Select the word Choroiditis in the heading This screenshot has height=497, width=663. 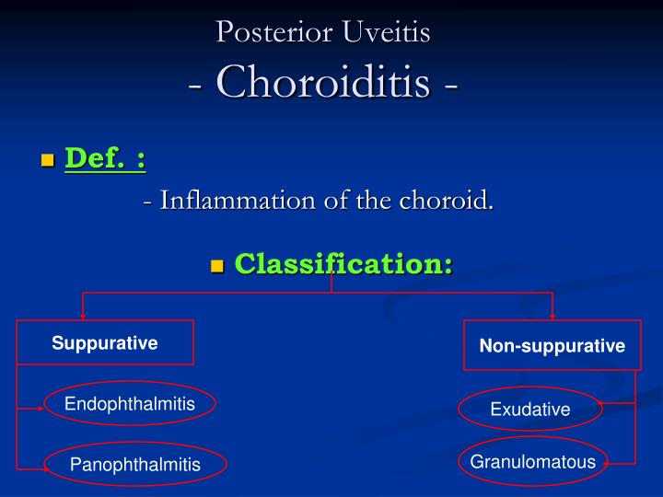(x=323, y=82)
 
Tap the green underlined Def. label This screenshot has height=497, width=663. (x=105, y=158)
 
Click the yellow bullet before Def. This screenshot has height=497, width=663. (x=48, y=161)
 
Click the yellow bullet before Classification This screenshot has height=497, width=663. (x=218, y=267)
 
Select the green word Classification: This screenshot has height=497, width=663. (x=343, y=264)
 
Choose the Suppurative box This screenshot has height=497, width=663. (x=105, y=343)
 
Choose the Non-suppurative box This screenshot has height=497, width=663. (x=552, y=346)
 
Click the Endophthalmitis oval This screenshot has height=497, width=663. (x=129, y=404)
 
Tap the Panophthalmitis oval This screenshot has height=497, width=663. (x=134, y=464)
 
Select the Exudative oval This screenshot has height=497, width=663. (x=530, y=410)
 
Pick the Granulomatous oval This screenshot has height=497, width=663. (x=533, y=462)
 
